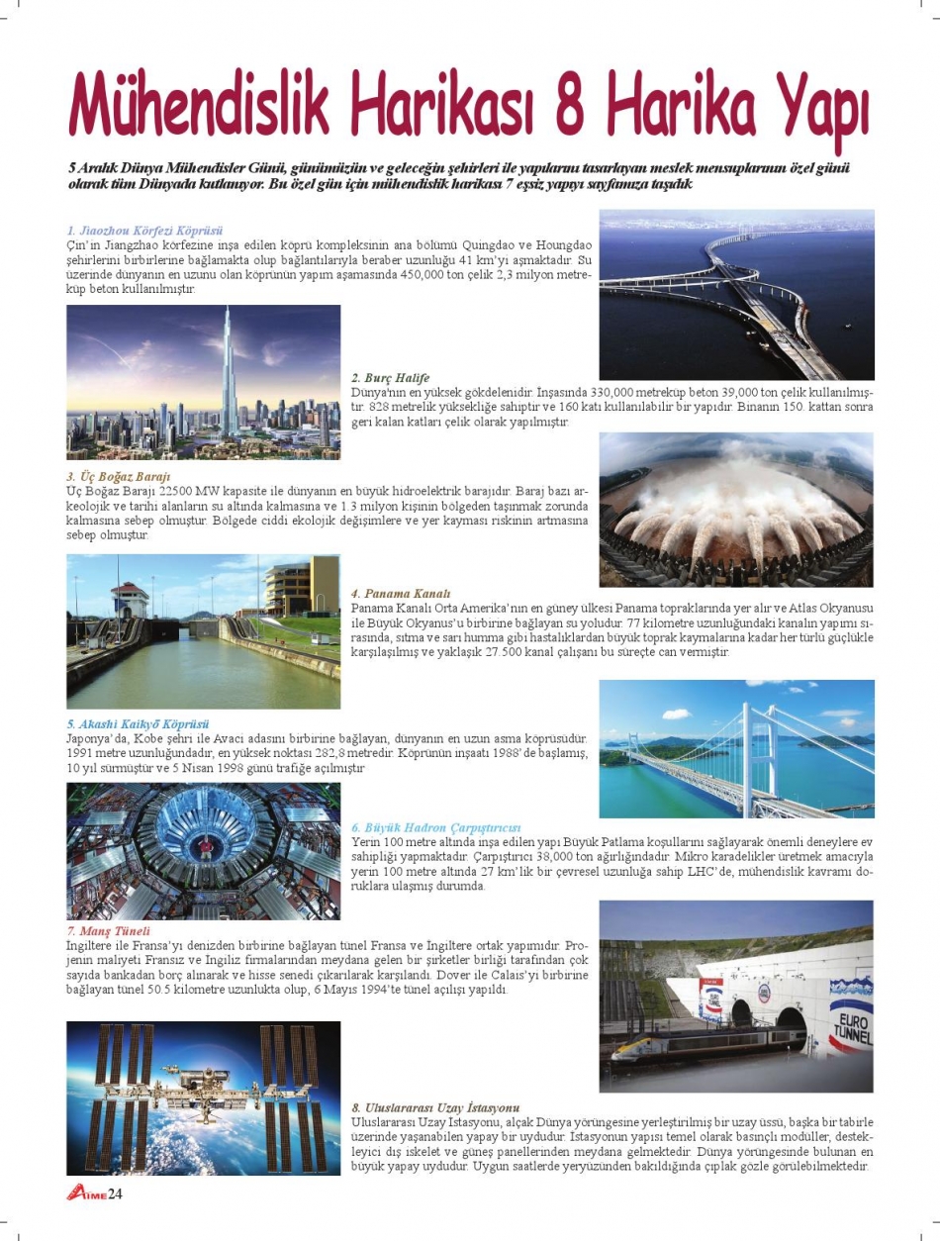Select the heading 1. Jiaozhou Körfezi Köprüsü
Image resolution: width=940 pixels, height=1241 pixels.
[145, 230]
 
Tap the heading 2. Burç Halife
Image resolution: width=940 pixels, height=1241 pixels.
[391, 378]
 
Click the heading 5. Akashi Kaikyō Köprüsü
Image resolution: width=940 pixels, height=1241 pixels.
[139, 724]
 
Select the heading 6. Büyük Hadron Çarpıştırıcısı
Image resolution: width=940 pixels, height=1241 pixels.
[436, 826]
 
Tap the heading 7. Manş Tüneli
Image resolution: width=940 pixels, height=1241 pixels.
[109, 931]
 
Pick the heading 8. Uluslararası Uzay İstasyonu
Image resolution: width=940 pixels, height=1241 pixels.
[435, 1106]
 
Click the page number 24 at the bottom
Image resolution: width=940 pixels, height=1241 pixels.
[115, 1193]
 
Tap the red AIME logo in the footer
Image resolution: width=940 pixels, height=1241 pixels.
[86, 1193]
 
